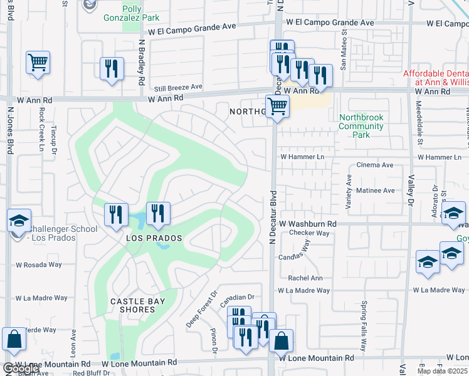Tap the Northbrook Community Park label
pyautogui.click(x=361, y=126)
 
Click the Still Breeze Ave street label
pyautogui.click(x=179, y=86)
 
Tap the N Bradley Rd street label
pyautogui.click(x=142, y=65)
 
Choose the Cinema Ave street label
pyautogui.click(x=374, y=165)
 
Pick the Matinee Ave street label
pyautogui.click(x=375, y=191)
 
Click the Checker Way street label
pyautogui.click(x=309, y=233)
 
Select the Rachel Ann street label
pyautogui.click(x=305, y=278)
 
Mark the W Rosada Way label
pyautogui.click(x=39, y=265)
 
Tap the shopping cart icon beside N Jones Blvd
pyautogui.click(x=38, y=63)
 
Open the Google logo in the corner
pyautogui.click(x=21, y=369)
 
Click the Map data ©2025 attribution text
pyautogui.click(x=441, y=371)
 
